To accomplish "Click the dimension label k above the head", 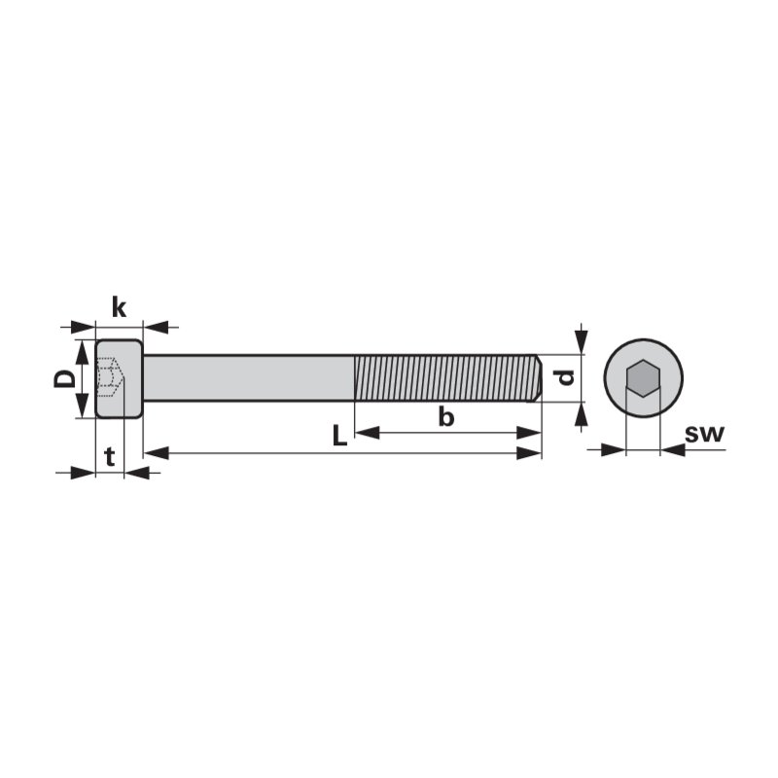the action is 119,307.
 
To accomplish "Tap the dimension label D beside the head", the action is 64,379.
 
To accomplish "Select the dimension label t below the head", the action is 110,456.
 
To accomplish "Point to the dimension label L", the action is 339,436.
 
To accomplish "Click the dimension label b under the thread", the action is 446,416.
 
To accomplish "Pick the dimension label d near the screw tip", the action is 566,377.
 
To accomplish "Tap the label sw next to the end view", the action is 704,434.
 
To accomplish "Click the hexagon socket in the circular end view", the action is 644,378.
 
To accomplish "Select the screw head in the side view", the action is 119,378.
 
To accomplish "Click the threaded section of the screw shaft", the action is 445,378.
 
